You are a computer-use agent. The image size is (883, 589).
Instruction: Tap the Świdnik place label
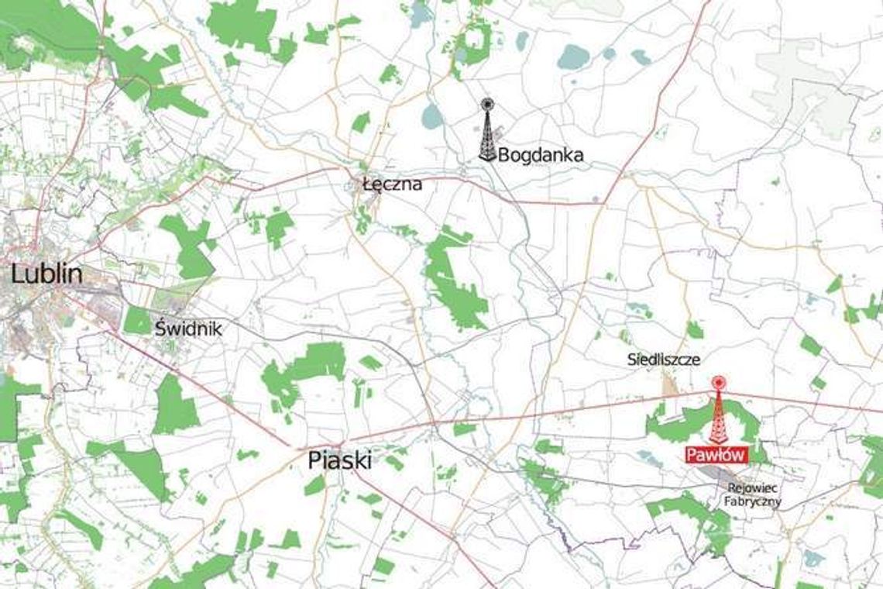pyautogui.click(x=188, y=329)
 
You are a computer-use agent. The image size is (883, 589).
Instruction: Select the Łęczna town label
pyautogui.click(x=393, y=184)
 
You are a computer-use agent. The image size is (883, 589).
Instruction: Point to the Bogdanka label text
pyautogui.click(x=541, y=156)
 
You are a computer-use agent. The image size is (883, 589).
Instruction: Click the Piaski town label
pyautogui.click(x=339, y=460)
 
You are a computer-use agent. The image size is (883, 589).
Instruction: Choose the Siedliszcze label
pyautogui.click(x=665, y=360)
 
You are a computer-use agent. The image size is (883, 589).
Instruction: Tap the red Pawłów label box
pyautogui.click(x=716, y=456)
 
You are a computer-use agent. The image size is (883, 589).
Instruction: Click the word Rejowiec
pyautogui.click(x=754, y=488)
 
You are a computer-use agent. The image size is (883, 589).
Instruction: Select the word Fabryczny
pyautogui.click(x=754, y=501)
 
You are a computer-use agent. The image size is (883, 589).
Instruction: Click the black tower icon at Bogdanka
pyautogui.click(x=487, y=132)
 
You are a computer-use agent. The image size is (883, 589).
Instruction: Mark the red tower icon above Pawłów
pyautogui.click(x=718, y=412)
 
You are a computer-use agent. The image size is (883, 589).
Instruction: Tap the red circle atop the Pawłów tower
pyautogui.click(x=718, y=381)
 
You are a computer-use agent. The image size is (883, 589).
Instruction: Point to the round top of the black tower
pyautogui.click(x=487, y=104)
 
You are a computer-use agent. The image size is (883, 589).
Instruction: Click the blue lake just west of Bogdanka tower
pyautogui.click(x=431, y=116)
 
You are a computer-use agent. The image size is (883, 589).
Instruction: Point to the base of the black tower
pyautogui.click(x=487, y=158)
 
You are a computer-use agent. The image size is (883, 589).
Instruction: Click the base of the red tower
pyautogui.click(x=718, y=442)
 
